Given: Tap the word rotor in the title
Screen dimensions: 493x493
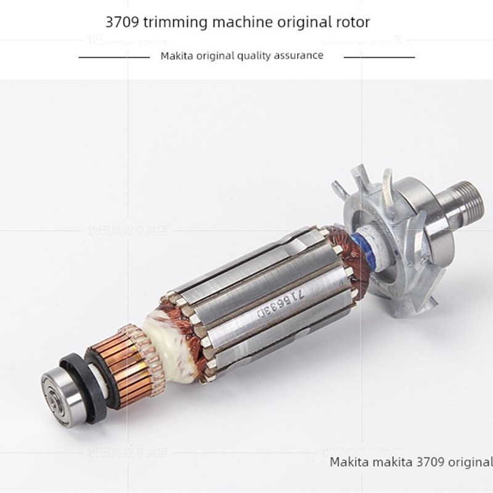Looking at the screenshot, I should pyautogui.click(x=351, y=23).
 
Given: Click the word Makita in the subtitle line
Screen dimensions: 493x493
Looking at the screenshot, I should pyautogui.click(x=176, y=55).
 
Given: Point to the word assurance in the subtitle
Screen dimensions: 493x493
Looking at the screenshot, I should pyautogui.click(x=295, y=55).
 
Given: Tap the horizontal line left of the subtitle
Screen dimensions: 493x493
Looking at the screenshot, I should pyautogui.click(x=115, y=56).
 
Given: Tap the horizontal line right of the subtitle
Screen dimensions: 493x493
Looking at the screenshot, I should pyautogui.click(x=378, y=56).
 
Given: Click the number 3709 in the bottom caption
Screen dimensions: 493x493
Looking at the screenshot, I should pyautogui.click(x=424, y=462).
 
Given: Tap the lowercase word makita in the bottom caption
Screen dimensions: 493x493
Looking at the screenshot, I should pyautogui.click(x=387, y=462).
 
